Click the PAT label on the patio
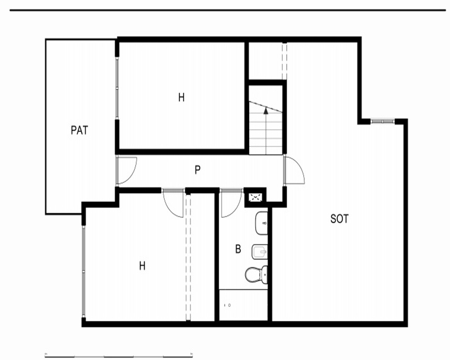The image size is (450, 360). pos(79,130)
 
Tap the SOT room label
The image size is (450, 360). pos(339,219)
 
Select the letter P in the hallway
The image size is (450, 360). pos(198,170)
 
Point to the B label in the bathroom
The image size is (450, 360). pos(238,249)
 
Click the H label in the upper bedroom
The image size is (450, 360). pos(181,98)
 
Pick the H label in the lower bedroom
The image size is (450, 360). pos(142,266)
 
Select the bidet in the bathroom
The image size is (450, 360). pos(260,252)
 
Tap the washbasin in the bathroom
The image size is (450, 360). pos(261,223)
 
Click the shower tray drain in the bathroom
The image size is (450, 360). pos(229,305)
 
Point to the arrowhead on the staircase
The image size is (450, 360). pos(266,110)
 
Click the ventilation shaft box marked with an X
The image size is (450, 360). pos(254,198)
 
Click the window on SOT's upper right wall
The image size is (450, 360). pos(382,121)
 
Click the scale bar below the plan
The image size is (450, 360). pos(119,355)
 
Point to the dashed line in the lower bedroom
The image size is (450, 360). pos(188,257)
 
